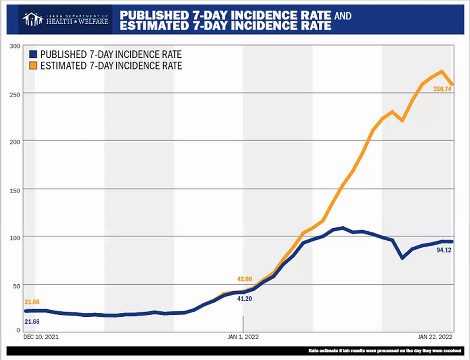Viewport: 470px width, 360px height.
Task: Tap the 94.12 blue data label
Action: (x=444, y=249)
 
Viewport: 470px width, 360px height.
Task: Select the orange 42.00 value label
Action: (x=244, y=279)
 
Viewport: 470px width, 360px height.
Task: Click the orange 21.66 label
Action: (x=32, y=302)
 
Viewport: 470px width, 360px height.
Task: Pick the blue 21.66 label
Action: (x=32, y=321)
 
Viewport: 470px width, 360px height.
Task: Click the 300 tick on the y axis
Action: (x=15, y=46)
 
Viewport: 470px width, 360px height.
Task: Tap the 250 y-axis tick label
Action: (x=15, y=94)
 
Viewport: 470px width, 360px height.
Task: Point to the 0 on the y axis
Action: (x=19, y=330)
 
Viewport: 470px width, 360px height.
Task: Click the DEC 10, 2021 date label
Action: (x=41, y=337)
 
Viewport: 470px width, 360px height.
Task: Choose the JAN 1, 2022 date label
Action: (x=243, y=337)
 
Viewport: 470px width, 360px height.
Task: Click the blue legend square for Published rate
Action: (x=33, y=54)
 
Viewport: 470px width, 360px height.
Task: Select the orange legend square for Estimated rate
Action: (x=33, y=65)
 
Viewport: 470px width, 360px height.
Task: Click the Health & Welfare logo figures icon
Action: (x=33, y=19)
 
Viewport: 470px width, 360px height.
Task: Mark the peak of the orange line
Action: (x=442, y=71)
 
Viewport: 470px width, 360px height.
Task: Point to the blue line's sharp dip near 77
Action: (x=402, y=258)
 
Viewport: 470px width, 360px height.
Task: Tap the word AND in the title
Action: (x=343, y=16)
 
